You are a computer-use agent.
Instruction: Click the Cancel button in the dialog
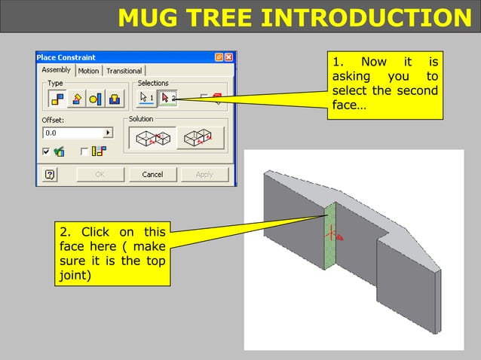(152, 175)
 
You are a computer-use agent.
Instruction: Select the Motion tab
(88, 71)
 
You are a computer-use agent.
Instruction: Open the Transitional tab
(124, 71)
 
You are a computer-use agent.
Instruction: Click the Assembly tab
(56, 70)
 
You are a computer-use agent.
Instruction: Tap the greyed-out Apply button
(204, 175)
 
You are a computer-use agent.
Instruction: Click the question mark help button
(50, 175)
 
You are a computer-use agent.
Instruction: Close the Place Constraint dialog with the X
(228, 57)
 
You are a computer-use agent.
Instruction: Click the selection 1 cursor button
(146, 97)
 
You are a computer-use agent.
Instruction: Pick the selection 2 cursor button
(167, 97)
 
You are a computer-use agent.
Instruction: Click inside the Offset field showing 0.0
(72, 133)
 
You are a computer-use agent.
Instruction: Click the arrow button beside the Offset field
(107, 133)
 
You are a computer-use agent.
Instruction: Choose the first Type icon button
(57, 98)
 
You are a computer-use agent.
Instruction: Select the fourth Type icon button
(113, 98)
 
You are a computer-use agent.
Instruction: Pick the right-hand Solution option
(200, 138)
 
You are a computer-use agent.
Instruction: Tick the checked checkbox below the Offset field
(46, 151)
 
